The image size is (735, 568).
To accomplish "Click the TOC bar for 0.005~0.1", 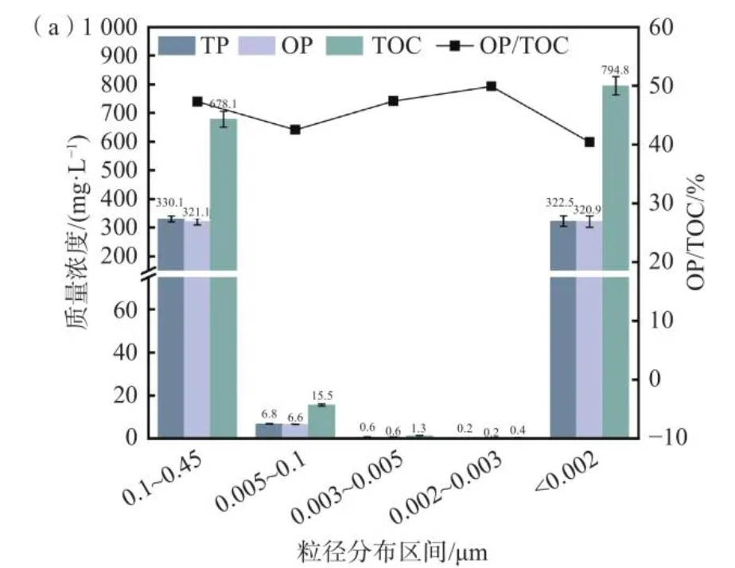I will (x=321, y=422).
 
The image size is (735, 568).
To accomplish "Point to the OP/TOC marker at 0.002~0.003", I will (x=491, y=86).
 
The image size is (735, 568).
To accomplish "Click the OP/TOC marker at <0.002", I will (x=589, y=142).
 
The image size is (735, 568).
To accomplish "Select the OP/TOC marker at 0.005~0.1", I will (x=295, y=130).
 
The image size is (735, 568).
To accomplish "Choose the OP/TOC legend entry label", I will (x=524, y=45).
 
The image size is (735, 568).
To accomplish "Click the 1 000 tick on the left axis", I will (x=116, y=29).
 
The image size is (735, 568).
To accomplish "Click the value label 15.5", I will (x=321, y=395).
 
